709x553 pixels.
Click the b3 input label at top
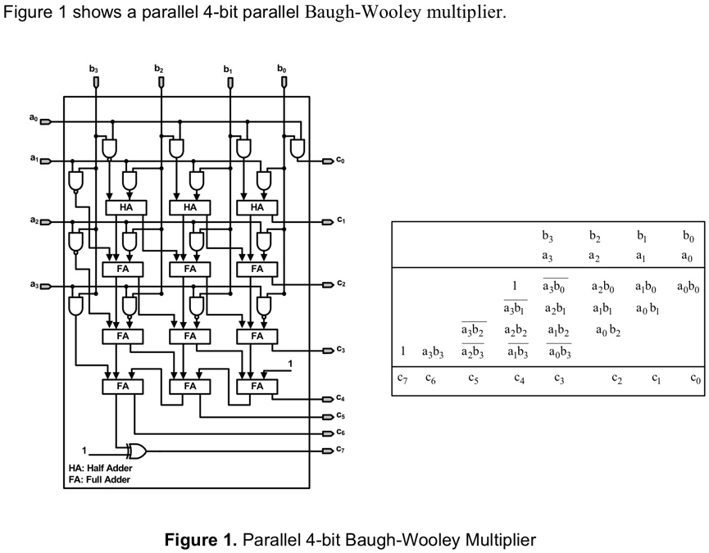pyautogui.click(x=93, y=69)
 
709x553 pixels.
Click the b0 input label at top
pyautogui.click(x=282, y=69)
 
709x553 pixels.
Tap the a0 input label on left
pyautogui.click(x=33, y=120)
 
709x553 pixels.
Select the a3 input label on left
pyautogui.click(x=33, y=285)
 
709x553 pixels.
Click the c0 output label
pyautogui.click(x=340, y=161)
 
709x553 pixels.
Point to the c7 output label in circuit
pyautogui.click(x=340, y=449)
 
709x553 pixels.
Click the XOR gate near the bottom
pyautogui.click(x=136, y=451)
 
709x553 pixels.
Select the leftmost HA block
pyautogui.click(x=125, y=207)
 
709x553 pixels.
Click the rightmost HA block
pyautogui.click(x=257, y=207)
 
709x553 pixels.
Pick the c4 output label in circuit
pyautogui.click(x=340, y=397)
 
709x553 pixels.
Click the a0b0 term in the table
pyautogui.click(x=689, y=288)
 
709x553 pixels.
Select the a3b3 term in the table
pyautogui.click(x=433, y=352)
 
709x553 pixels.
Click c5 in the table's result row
pyautogui.click(x=473, y=378)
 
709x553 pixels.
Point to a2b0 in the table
pyautogui.click(x=602, y=288)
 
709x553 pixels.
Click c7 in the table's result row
pyautogui.click(x=402, y=378)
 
